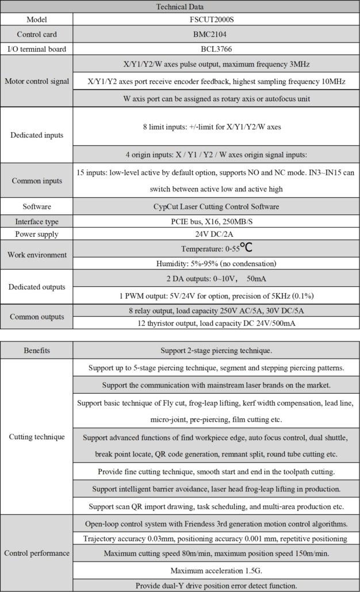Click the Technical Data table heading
179,7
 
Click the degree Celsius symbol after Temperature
246,248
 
